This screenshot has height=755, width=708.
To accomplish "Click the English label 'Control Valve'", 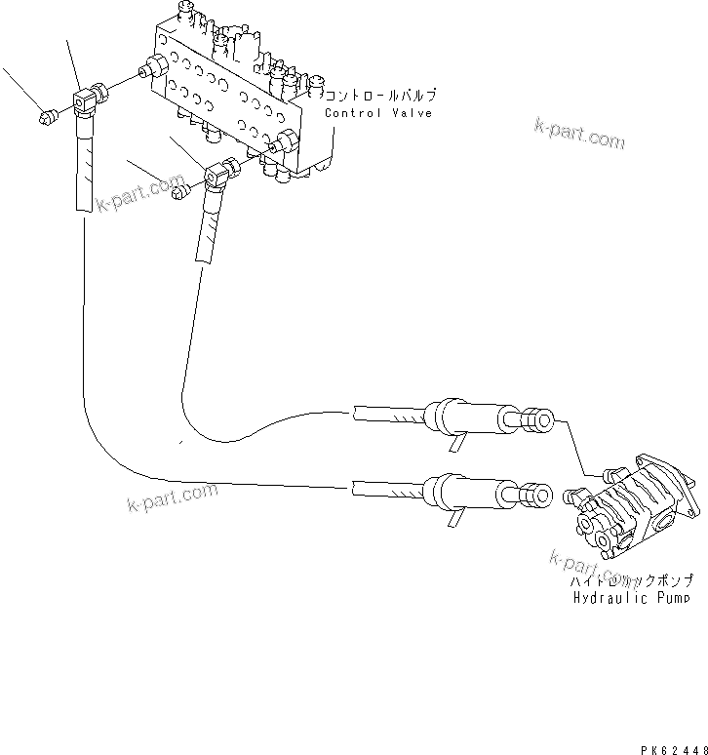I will pos(378,113).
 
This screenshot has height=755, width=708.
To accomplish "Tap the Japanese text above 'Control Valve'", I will pos(380,97).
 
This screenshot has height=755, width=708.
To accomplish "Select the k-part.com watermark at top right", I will pos(579,134).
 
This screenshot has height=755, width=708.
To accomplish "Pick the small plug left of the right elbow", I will pos(178,192).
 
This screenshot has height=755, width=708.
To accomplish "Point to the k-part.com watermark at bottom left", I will pos(172,497).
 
